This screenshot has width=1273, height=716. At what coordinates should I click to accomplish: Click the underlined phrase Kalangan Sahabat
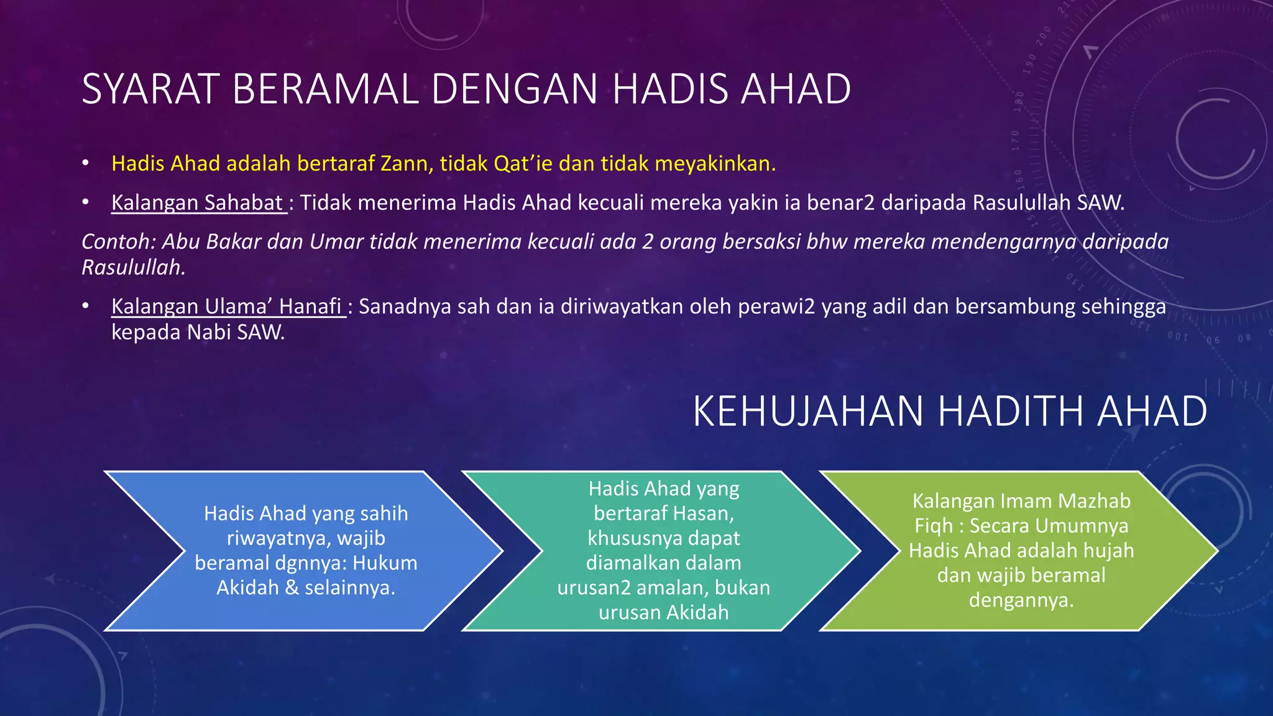pyautogui.click(x=197, y=203)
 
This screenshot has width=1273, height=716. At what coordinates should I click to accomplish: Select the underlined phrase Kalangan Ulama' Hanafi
pyautogui.click(x=227, y=306)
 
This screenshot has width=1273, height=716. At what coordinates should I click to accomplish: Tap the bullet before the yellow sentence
pyautogui.click(x=86, y=163)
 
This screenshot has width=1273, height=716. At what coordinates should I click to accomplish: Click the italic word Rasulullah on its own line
pyautogui.click(x=133, y=267)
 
